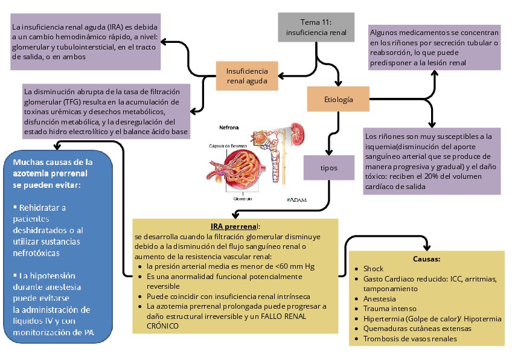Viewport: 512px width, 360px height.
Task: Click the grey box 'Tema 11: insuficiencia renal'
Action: [316, 27]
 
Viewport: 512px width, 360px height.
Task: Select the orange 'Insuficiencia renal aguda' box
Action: [247, 76]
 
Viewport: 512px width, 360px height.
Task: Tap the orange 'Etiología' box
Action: [338, 99]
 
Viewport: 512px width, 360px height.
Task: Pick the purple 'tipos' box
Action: [329, 167]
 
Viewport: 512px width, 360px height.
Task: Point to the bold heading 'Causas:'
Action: [427, 259]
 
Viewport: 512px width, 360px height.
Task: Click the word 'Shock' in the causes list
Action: [373, 268]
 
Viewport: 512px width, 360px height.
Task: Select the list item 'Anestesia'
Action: [379, 299]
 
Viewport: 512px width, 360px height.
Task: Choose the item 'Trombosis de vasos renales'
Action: [409, 339]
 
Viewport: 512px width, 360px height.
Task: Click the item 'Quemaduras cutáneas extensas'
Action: [416, 329]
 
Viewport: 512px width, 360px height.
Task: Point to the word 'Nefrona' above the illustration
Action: [228, 127]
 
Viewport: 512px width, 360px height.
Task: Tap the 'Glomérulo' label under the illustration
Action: [243, 198]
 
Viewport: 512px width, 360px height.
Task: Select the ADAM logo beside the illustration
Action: [296, 199]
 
